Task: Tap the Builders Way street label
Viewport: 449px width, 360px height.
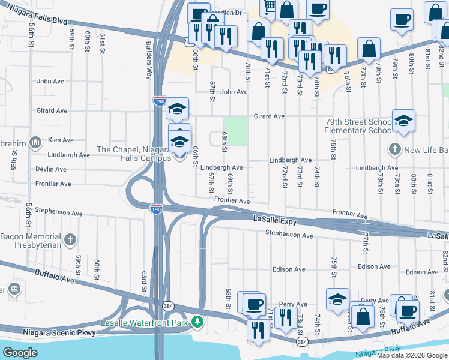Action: (x=148, y=61)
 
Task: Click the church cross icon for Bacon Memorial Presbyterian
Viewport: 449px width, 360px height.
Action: (x=70, y=241)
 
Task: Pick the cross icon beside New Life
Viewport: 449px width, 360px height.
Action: (x=394, y=148)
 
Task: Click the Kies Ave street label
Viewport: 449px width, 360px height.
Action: (x=61, y=140)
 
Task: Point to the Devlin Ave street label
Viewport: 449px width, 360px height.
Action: (x=50, y=170)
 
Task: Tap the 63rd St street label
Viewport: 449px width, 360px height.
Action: (x=145, y=282)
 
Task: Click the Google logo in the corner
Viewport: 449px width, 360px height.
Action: (x=20, y=352)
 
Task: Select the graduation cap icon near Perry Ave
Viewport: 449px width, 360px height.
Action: (x=338, y=298)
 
